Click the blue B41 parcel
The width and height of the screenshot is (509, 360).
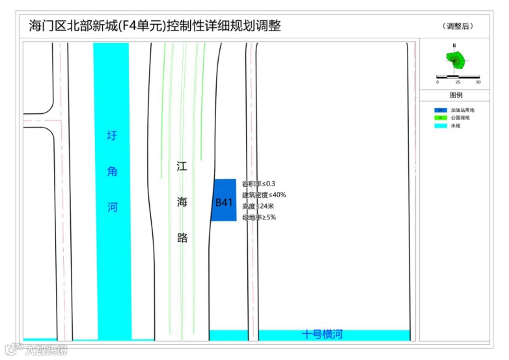[x=223, y=201]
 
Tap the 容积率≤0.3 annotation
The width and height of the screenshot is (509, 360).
[x=258, y=184]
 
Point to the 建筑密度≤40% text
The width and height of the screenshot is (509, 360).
[x=264, y=195]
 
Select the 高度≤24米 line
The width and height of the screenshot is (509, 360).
[x=258, y=206]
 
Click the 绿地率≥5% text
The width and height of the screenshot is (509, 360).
[x=259, y=217]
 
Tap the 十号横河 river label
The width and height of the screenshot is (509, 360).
[x=322, y=335]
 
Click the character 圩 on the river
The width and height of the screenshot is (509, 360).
[x=113, y=136]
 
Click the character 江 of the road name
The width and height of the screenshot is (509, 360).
[x=182, y=166]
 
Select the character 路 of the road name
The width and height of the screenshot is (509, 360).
[x=182, y=238]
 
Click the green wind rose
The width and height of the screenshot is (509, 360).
[x=456, y=61]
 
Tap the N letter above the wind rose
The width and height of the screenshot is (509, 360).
[x=454, y=46]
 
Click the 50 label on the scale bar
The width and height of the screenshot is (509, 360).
[x=478, y=83]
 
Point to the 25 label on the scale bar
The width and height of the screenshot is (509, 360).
[x=458, y=83]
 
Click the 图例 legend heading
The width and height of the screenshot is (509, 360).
[x=456, y=95]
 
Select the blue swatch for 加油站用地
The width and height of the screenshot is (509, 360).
[x=441, y=110]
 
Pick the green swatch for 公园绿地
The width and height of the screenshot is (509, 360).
[x=441, y=118]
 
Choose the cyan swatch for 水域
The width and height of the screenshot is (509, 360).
[x=441, y=126]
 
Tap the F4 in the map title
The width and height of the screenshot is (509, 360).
[x=130, y=26]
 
